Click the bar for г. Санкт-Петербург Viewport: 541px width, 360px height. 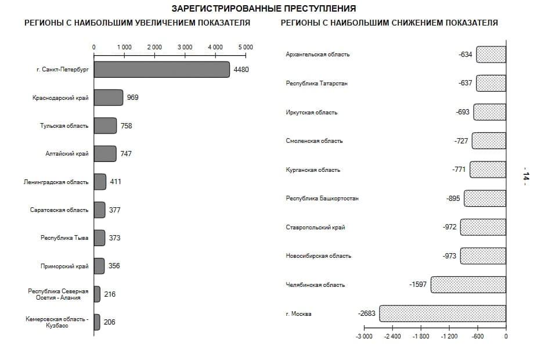coord(161,70)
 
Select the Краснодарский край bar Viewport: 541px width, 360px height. coord(109,98)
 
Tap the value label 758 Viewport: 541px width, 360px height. coord(127,125)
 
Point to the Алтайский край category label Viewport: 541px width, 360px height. coord(67,154)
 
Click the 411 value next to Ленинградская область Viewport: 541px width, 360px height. coord(116,182)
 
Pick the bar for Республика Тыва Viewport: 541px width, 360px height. coord(99,238)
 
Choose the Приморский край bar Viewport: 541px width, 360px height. coord(99,266)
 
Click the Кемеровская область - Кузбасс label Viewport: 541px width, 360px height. coord(57,322)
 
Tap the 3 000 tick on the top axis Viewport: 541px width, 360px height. coord(185,47)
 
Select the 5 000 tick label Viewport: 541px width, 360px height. coord(245,47)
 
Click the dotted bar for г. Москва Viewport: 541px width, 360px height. coord(443,314)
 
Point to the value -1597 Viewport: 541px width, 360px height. coord(418,285)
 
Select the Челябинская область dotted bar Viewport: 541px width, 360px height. coord(468,285)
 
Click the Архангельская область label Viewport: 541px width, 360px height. coord(318,55)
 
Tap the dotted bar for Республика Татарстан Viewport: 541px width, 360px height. coord(491,83)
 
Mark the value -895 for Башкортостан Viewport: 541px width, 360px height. coord(453,198)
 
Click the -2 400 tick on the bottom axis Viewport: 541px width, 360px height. coord(392,336)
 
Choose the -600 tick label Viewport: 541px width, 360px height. coord(477,336)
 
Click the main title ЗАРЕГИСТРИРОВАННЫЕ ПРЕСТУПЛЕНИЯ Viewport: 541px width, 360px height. coord(264,9)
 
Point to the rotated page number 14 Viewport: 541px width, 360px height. coord(526,177)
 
